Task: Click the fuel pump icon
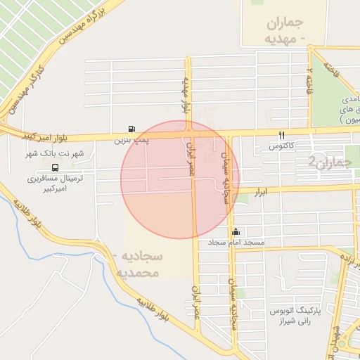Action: point(132,129)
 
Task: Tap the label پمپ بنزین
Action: point(132,140)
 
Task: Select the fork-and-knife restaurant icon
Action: point(282,135)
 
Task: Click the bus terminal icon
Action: point(55,168)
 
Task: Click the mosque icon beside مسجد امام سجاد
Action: point(236,231)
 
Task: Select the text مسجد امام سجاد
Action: point(236,243)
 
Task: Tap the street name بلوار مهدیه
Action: point(186,96)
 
